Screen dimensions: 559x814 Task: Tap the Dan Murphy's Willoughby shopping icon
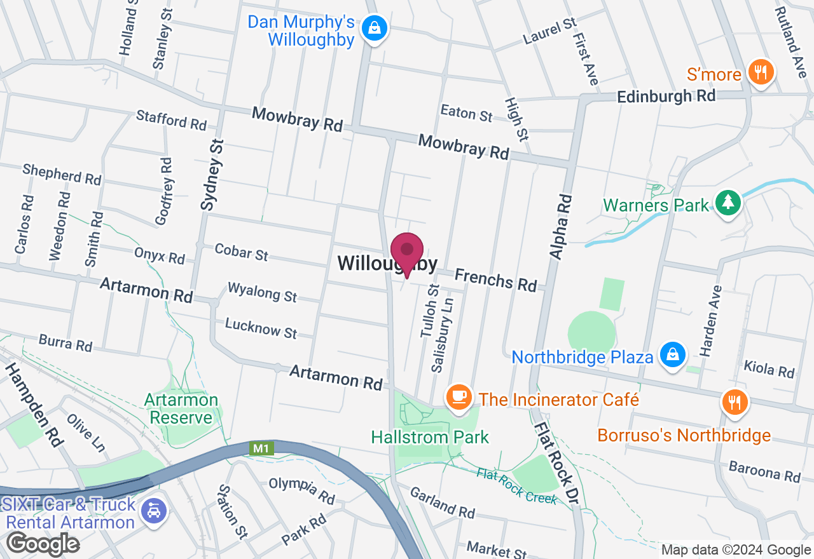click(x=375, y=29)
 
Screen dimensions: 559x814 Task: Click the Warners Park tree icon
click(x=727, y=203)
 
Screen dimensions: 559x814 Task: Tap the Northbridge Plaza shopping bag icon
click(x=672, y=354)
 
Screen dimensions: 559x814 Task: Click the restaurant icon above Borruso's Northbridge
click(x=735, y=401)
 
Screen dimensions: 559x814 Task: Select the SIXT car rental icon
click(x=153, y=510)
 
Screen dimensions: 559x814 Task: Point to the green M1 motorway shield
click(x=261, y=448)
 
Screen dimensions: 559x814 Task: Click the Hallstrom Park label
click(x=431, y=437)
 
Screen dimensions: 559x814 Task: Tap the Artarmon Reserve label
click(x=181, y=408)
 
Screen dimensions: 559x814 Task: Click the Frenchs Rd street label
click(x=495, y=279)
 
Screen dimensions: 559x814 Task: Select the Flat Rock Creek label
click(x=517, y=487)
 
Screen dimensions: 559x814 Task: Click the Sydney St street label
click(x=212, y=175)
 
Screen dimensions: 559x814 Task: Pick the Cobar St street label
click(x=241, y=252)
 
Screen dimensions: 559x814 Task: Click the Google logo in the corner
click(x=43, y=544)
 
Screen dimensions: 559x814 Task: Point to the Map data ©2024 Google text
click(x=735, y=550)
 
